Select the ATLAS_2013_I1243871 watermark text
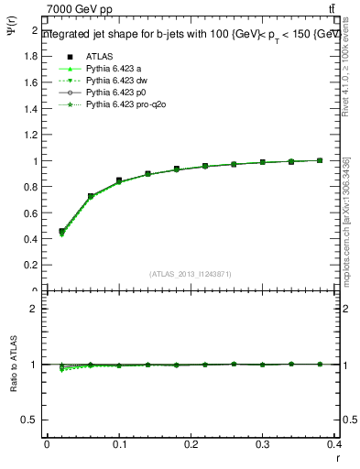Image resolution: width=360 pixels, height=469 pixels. pyautogui.click(x=191, y=274)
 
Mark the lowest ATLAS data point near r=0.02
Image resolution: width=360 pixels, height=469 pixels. pyautogui.click(x=61, y=232)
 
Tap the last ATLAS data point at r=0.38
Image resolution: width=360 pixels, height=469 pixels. pyautogui.click(x=320, y=160)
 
